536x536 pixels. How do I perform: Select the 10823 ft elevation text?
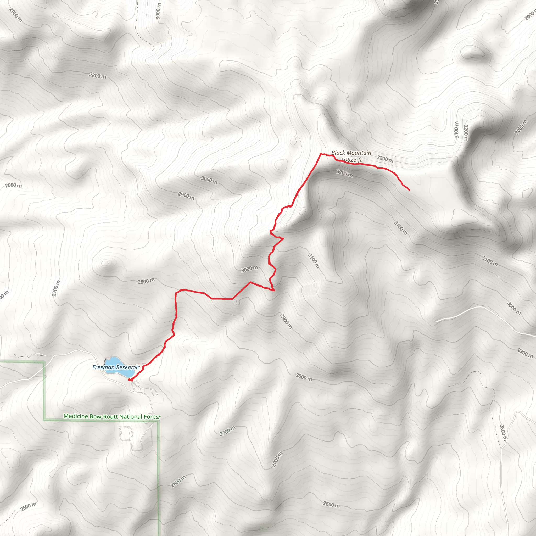tap(351, 160)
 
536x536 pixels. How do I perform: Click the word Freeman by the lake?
tap(103, 367)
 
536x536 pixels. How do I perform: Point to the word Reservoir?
tap(128, 367)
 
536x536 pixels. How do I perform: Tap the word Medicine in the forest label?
tap(76, 416)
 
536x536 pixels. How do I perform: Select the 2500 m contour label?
tap(28, 506)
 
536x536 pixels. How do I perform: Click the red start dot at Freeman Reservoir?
tap(129, 380)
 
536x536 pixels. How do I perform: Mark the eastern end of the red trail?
tap(409, 190)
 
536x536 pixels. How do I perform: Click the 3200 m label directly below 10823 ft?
tap(344, 174)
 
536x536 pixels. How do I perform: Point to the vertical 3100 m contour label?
tap(456, 130)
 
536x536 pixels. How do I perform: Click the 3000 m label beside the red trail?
tap(249, 269)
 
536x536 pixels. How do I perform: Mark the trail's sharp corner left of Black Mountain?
tap(321, 153)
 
